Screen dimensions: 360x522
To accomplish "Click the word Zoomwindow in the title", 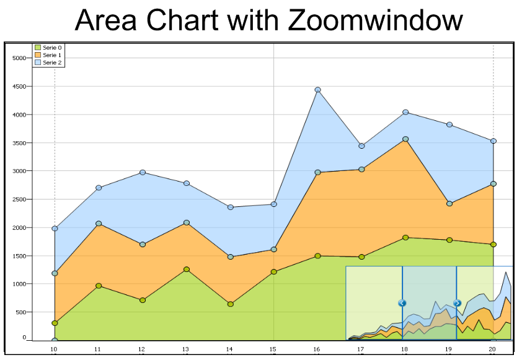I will point(375,21).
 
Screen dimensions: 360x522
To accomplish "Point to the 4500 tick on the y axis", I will point(19,86).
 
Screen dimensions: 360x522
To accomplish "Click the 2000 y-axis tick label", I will point(19,228).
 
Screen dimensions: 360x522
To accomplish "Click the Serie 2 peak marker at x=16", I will point(318,90).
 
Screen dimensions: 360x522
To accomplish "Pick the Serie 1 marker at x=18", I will point(405,139).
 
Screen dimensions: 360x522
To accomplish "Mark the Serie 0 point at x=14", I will point(230,304).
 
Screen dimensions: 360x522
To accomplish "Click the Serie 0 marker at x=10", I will point(55,323).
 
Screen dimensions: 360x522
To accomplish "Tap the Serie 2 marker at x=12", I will point(143,172).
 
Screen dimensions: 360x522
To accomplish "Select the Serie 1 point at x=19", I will point(449,203).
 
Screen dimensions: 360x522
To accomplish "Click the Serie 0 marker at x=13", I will point(186,270).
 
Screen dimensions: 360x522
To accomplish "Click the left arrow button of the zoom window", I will point(402,303).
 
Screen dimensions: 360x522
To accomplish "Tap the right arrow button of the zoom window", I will point(458,303).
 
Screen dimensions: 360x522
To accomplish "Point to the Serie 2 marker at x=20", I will point(493,141).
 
